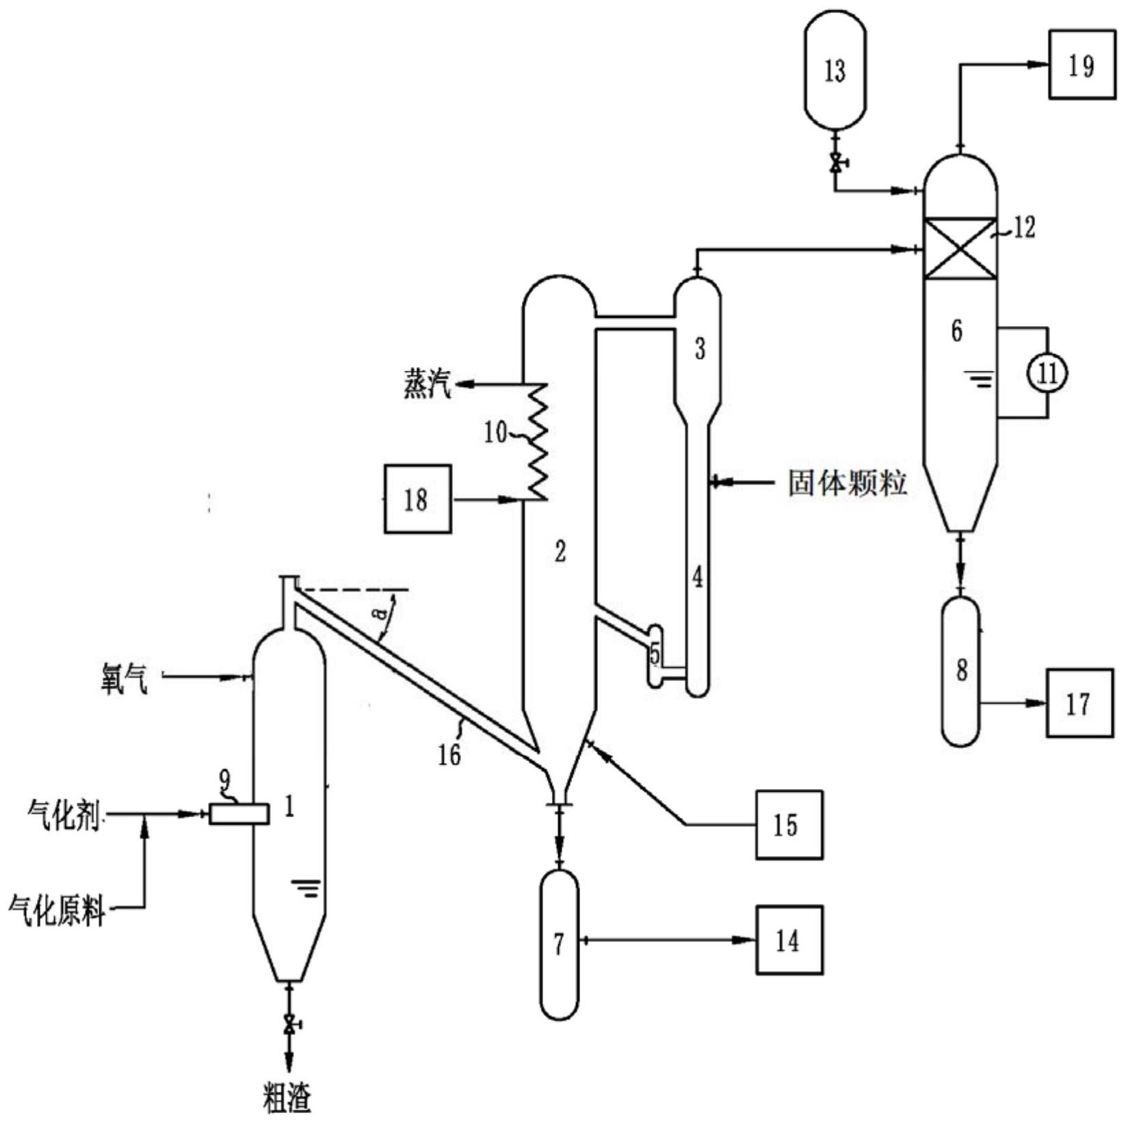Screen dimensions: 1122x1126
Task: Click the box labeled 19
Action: click(x=1082, y=66)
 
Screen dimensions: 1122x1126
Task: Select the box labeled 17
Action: click(x=1079, y=703)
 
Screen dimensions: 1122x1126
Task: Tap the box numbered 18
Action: click(x=417, y=498)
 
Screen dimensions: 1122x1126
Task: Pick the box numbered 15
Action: click(x=788, y=825)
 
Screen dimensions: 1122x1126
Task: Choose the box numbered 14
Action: click(x=788, y=940)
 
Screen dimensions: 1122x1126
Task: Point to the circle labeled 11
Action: click(x=1047, y=373)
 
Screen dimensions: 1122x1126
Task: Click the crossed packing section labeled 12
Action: click(x=960, y=248)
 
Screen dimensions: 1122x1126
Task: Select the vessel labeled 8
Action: click(x=961, y=671)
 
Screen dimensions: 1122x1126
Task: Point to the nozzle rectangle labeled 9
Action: click(x=238, y=814)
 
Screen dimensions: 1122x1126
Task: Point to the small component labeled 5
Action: click(x=655, y=655)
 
